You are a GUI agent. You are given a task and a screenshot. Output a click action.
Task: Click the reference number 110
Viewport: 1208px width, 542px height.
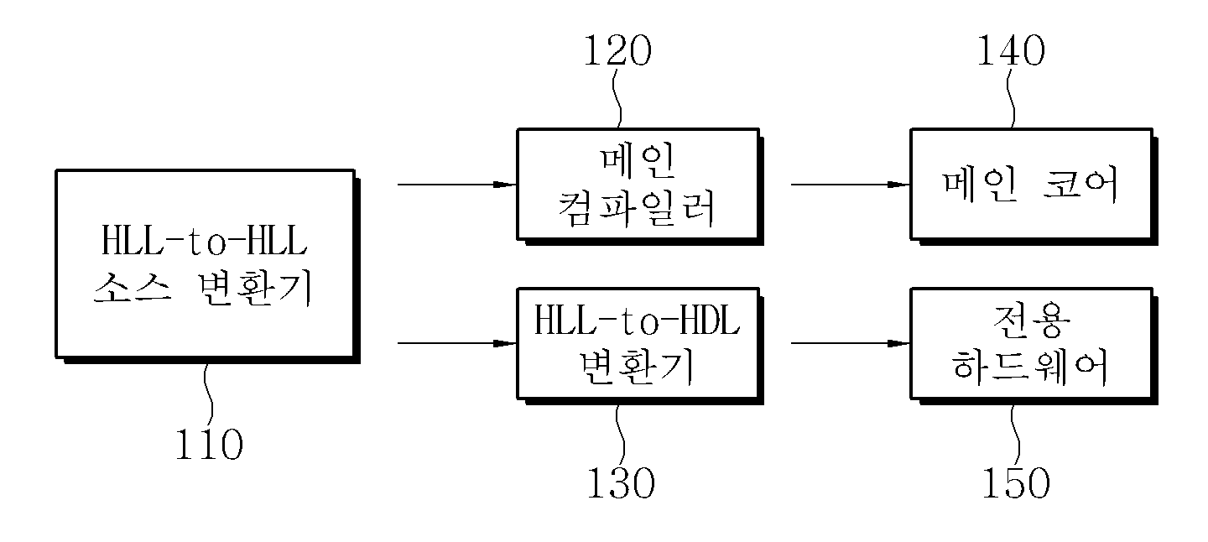pos(209,445)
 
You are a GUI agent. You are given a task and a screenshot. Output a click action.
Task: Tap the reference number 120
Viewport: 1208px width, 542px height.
pos(618,50)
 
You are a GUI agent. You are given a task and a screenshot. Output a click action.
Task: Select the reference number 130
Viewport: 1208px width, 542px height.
pos(621,482)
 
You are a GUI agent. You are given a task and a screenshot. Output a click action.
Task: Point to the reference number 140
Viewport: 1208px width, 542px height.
pos(1011,50)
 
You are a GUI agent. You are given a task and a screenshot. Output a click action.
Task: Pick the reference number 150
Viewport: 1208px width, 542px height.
pos(1016,482)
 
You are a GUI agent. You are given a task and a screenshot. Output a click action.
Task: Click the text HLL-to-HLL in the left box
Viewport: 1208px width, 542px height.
pos(205,241)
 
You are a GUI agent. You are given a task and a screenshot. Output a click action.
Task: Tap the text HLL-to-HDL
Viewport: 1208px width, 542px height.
pos(637,321)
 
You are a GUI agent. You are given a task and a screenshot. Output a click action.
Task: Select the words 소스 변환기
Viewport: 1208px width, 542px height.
pos(203,289)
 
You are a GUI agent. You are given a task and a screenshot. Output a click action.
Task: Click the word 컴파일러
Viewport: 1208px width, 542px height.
pos(637,208)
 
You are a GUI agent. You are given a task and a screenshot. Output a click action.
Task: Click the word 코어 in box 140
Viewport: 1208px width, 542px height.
pos(1080,185)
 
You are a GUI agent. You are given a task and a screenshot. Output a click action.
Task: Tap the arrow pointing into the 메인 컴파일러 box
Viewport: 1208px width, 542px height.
pos(457,185)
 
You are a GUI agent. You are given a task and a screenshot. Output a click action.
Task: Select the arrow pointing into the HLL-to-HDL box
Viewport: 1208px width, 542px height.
pos(457,343)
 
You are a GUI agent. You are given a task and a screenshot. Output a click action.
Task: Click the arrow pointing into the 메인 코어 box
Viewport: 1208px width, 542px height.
pos(851,185)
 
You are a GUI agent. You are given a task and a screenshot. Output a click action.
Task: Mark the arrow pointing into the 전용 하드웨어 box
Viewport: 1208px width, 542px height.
pos(851,343)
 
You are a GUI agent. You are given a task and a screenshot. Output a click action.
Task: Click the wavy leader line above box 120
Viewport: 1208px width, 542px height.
pos(617,98)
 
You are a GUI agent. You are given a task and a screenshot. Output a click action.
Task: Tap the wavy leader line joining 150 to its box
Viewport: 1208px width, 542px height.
pos(1015,435)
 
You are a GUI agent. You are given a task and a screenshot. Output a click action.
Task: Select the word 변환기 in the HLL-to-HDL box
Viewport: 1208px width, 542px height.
pos(637,367)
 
